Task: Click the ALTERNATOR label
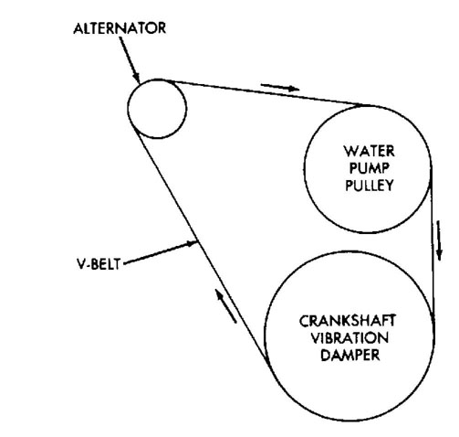click(x=120, y=28)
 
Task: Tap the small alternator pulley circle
click(x=128, y=109)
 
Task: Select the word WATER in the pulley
click(x=370, y=151)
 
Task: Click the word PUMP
click(x=370, y=168)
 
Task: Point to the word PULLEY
click(x=370, y=186)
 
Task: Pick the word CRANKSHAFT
click(x=348, y=321)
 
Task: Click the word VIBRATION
click(x=349, y=338)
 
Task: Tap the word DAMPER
click(x=350, y=355)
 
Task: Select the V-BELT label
click(x=99, y=264)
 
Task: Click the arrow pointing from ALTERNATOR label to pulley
click(x=130, y=60)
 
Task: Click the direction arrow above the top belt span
click(x=280, y=87)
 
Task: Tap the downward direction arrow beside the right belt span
click(x=439, y=240)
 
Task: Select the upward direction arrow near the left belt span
click(x=225, y=305)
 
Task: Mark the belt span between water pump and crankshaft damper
click(x=433, y=244)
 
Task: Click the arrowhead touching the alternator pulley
click(x=137, y=78)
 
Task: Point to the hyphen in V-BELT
click(x=89, y=265)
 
